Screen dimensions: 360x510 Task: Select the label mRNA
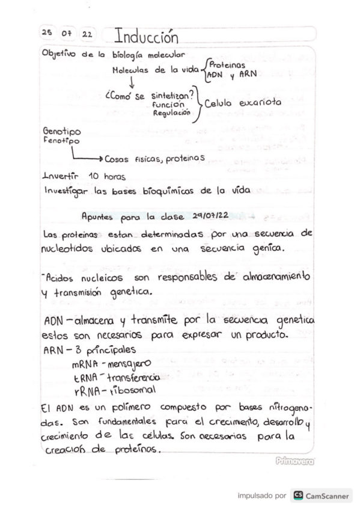[88, 364]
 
